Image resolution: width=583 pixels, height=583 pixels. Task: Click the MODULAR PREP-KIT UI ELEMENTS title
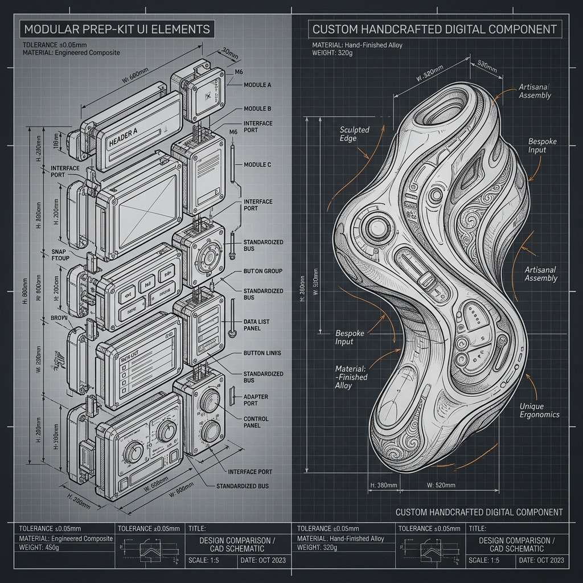click(x=117, y=28)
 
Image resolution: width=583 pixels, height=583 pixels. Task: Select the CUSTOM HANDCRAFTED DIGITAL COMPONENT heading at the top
click(x=434, y=28)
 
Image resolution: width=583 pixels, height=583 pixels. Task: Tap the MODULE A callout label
click(x=257, y=85)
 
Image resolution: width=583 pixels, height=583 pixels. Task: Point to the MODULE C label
click(x=257, y=165)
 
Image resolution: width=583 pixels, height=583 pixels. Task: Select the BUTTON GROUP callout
click(x=262, y=271)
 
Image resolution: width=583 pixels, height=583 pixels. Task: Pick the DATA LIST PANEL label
click(x=256, y=325)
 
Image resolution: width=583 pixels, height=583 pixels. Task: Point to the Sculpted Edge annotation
click(x=354, y=133)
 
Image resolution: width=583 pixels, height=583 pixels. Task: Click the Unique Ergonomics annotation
click(x=539, y=410)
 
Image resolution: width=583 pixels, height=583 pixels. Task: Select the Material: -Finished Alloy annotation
click(x=351, y=377)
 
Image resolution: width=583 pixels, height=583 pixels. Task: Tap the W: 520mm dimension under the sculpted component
click(x=441, y=485)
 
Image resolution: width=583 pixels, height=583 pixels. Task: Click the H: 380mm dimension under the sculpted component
click(x=383, y=485)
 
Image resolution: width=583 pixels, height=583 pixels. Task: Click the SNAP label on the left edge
click(x=59, y=252)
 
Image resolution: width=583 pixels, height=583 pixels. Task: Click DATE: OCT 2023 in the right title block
click(x=541, y=560)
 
